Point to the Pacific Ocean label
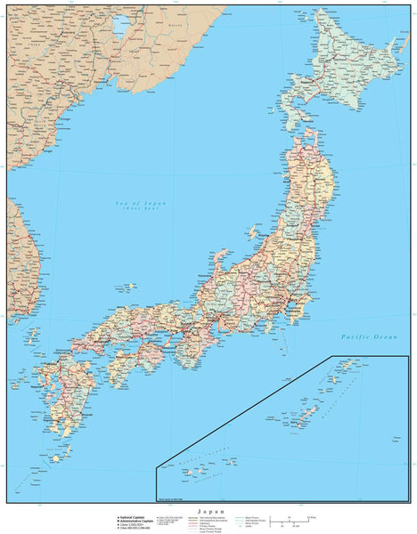(368, 336)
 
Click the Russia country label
(177, 26)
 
